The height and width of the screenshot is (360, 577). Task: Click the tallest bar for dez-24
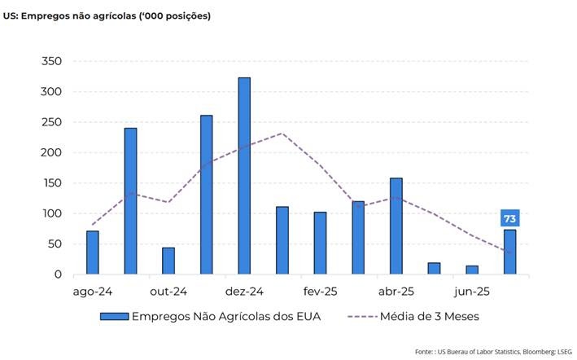(244, 176)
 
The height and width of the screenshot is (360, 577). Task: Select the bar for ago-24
(92, 252)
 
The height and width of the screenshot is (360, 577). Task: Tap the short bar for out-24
(168, 261)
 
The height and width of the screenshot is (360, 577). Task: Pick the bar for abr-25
(396, 226)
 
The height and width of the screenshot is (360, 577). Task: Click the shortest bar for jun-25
(472, 270)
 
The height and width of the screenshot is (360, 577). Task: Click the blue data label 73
(509, 218)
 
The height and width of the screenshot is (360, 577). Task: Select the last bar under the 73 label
(509, 252)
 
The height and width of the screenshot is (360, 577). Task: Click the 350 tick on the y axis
(50, 61)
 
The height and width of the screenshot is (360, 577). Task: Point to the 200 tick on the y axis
(50, 152)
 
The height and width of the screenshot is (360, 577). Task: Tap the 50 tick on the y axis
(54, 244)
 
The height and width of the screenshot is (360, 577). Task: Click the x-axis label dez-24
(244, 291)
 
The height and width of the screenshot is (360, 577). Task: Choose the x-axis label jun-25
(472, 291)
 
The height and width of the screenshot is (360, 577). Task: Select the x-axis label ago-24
(92, 291)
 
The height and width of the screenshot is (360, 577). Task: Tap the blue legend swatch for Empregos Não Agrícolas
(114, 317)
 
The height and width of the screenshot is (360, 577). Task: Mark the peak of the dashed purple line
(282, 133)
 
